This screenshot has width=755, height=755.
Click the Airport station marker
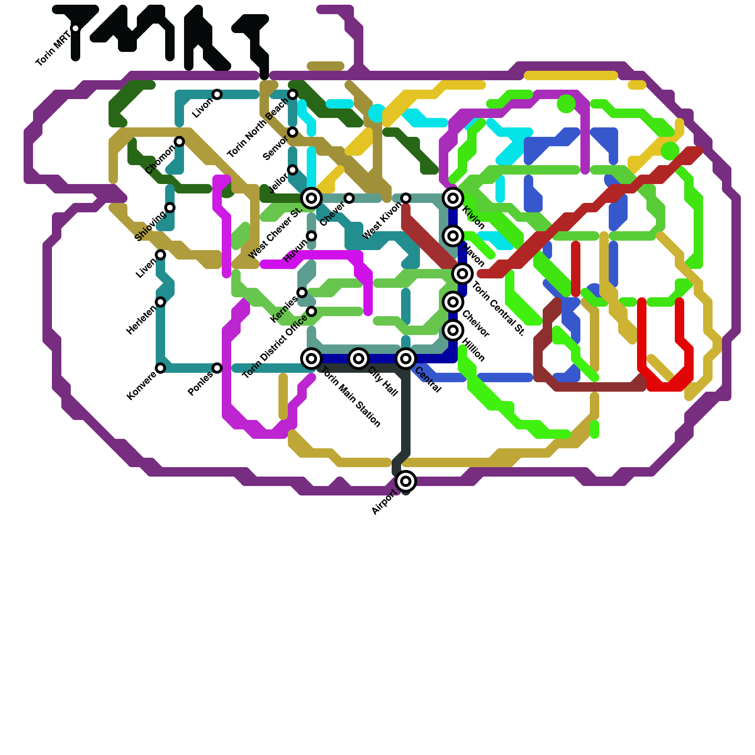pos(406,481)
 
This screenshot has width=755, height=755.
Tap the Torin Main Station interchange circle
pos(311,359)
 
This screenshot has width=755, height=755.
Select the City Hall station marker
pos(359,359)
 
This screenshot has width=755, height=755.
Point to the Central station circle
pos(406,359)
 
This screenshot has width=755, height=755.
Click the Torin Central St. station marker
pos(462,274)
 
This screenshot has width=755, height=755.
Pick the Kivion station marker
pos(453,198)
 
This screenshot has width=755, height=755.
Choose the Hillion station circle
pos(453,330)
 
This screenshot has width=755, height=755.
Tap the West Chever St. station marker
pos(311,198)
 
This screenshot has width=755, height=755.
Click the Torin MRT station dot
pos(75,28)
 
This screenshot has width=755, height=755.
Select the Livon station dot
pos(217,94)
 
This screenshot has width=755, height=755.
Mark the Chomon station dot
pos(179,142)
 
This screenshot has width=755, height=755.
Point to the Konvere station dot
pos(160,368)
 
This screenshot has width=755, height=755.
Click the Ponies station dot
pos(217,368)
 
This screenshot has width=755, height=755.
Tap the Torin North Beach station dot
pos(293,94)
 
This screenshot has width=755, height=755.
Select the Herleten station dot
pos(160,302)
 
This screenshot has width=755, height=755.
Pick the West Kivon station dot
pos(406,198)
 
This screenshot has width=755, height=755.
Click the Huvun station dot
pos(311,236)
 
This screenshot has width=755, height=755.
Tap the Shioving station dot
pos(170,208)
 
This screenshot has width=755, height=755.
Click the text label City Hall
pos(383,381)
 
